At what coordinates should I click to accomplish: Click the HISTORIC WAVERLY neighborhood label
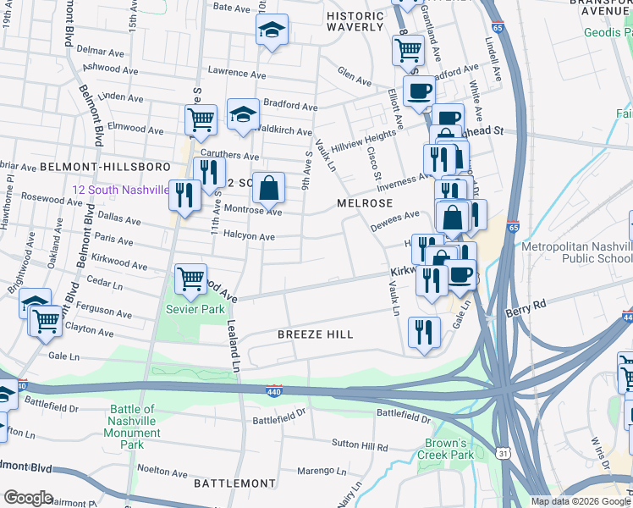(355, 21)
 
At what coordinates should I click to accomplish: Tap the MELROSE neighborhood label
(365, 204)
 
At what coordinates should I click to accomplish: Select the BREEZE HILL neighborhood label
(316, 335)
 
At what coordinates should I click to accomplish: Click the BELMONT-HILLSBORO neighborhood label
(52, 168)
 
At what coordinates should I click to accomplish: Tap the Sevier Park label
(195, 309)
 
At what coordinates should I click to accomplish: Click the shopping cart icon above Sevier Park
(190, 279)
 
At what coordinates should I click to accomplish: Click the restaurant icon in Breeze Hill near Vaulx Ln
(423, 329)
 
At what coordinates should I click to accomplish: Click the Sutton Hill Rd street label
(360, 445)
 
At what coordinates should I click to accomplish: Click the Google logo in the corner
(27, 498)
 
